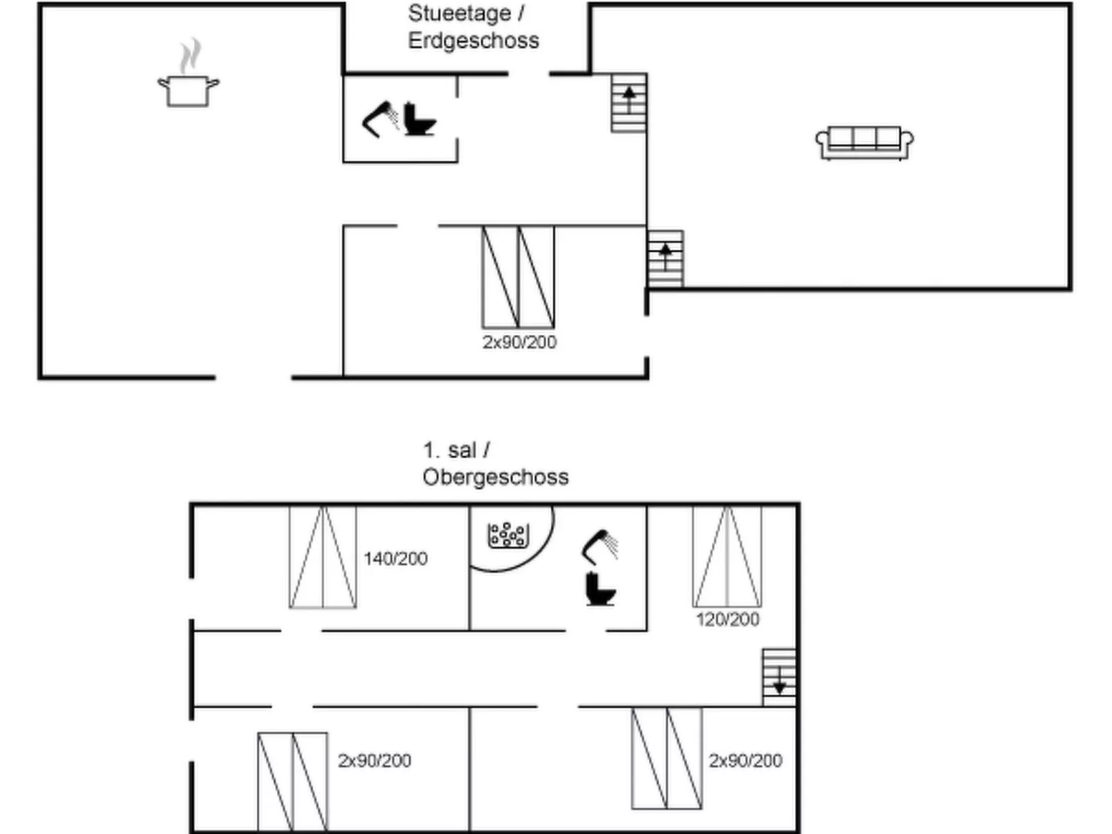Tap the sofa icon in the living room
click(x=864, y=143)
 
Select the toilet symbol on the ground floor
click(x=420, y=120)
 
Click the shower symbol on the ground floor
click(x=380, y=120)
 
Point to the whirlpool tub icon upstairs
click(x=508, y=535)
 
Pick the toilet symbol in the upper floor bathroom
click(x=600, y=588)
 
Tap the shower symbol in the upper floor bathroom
click(x=600, y=547)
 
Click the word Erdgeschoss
click(x=474, y=41)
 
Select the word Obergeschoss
click(x=496, y=477)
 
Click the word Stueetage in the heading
click(x=460, y=13)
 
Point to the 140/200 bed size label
click(x=395, y=559)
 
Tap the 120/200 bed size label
click(x=728, y=619)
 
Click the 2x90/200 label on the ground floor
click(x=519, y=343)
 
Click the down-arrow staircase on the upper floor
click(x=779, y=677)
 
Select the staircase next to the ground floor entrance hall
click(x=629, y=103)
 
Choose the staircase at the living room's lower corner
click(x=665, y=259)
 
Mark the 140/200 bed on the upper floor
click(x=323, y=556)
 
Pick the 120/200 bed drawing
click(x=727, y=556)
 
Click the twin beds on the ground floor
click(x=518, y=276)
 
